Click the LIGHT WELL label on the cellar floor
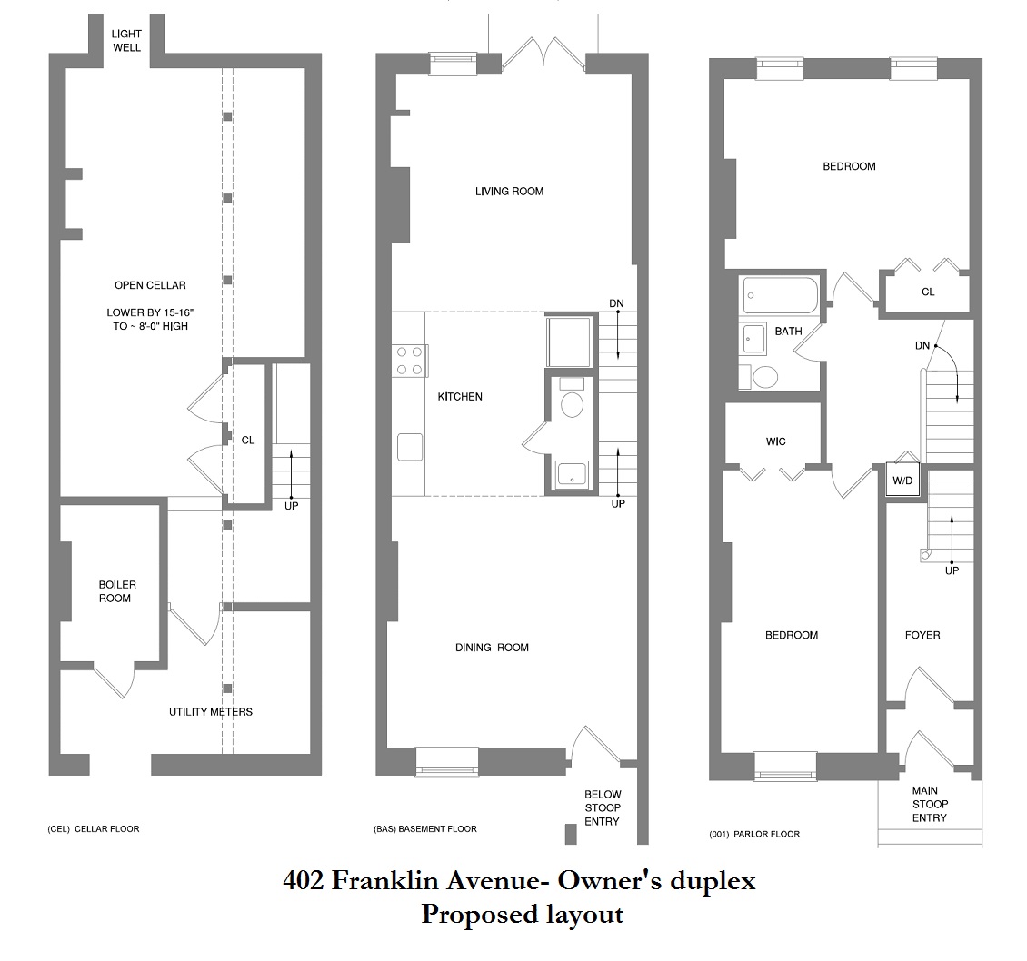(126, 40)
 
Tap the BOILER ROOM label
(117, 591)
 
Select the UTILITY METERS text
(211, 711)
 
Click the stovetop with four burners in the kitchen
(410, 360)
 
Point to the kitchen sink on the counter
(410, 447)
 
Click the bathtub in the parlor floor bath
(781, 295)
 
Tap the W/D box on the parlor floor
(903, 479)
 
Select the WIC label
(775, 441)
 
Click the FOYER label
(922, 635)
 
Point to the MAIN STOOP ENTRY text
(929, 804)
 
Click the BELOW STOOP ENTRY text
(602, 807)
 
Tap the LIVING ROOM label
(509, 192)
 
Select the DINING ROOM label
(492, 648)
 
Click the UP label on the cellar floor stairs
(291, 506)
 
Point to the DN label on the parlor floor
(922, 345)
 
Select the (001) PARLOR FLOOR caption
(753, 834)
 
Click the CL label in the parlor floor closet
(928, 292)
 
